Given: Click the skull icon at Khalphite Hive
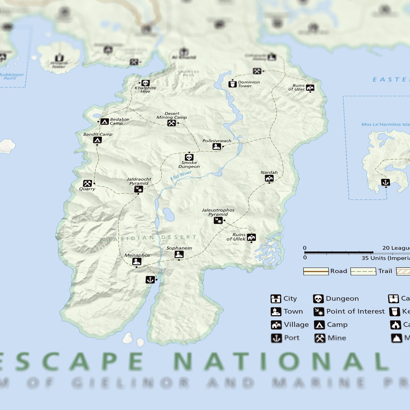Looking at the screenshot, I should click(145, 83).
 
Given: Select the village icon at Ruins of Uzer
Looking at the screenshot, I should click(310, 88).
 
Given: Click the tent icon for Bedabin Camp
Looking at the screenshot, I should click(104, 122).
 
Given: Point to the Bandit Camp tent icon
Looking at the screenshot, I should click(97, 140).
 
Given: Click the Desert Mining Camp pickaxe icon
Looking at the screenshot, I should click(171, 123).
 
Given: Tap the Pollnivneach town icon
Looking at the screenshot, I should click(216, 147).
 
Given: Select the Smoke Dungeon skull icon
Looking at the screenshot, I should click(189, 157).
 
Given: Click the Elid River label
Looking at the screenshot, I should click(181, 175).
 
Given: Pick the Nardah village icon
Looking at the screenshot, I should click(269, 178).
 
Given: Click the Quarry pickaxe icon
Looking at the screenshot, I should click(87, 183).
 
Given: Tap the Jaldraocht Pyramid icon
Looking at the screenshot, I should click(139, 189).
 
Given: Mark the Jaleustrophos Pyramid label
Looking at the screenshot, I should click(218, 212).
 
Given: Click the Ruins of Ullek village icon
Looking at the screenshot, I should click(251, 237).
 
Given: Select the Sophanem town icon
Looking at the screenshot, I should click(179, 254).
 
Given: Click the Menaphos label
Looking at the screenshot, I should click(137, 255).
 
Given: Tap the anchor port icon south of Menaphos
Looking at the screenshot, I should click(150, 280).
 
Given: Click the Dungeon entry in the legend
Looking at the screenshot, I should click(336, 298).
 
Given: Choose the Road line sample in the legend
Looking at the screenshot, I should click(316, 271).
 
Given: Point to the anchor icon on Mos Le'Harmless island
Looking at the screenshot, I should click(385, 182).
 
